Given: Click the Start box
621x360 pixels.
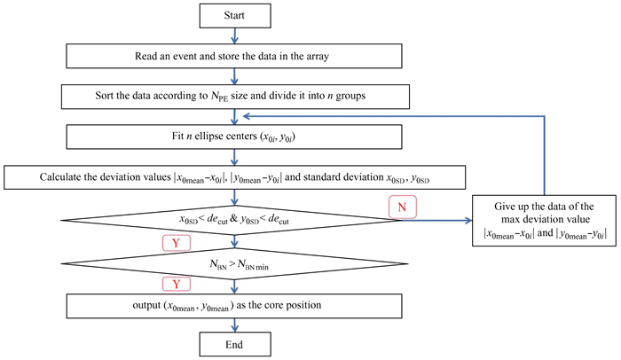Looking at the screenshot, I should tap(233, 15).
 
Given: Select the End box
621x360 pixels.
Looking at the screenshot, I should tap(233, 344).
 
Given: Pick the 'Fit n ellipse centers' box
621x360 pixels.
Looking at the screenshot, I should tap(233, 137).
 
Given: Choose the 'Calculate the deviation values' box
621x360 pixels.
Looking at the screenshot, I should tap(233, 176).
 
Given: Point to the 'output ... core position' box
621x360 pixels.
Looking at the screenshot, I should tap(233, 304).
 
